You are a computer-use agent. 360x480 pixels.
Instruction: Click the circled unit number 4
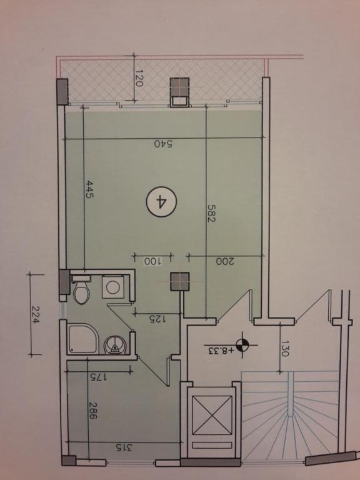(x=161, y=202)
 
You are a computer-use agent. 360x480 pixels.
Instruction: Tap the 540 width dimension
(x=163, y=144)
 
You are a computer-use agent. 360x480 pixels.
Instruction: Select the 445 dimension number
(x=89, y=189)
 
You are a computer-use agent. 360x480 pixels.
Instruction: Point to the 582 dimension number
(x=211, y=213)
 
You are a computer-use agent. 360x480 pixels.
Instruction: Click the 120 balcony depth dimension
(x=139, y=78)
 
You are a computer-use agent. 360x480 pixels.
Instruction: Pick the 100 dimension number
(x=152, y=261)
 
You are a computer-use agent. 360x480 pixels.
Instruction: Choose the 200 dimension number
(x=225, y=261)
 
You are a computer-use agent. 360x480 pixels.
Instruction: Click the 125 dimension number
(x=157, y=319)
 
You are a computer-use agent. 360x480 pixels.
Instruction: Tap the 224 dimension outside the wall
(x=36, y=315)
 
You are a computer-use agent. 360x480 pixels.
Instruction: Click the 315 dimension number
(x=124, y=448)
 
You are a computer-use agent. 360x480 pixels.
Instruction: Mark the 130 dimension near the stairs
(x=284, y=348)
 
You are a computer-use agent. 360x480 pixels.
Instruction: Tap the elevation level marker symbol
(x=242, y=345)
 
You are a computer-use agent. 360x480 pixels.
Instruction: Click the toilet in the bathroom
(x=82, y=290)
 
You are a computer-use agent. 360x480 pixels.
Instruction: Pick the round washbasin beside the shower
(x=115, y=346)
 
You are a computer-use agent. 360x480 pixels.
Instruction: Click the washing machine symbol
(x=113, y=287)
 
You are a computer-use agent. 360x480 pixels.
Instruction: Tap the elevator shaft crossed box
(x=212, y=415)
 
